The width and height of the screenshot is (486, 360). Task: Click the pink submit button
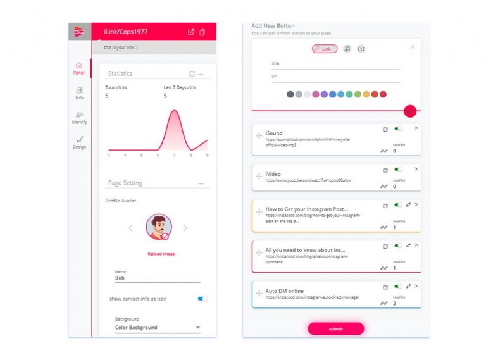(335, 328)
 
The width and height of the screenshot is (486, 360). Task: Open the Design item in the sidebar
(79, 142)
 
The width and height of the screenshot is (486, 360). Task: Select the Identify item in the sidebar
(79, 118)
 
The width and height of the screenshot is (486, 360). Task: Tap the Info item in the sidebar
(79, 93)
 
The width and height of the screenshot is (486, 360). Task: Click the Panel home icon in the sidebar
(79, 65)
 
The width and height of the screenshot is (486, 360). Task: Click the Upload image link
(161, 254)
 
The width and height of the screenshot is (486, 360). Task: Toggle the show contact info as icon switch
(202, 299)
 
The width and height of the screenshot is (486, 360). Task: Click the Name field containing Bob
(157, 278)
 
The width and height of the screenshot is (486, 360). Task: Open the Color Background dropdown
(157, 328)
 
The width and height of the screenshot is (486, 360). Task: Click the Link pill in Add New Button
(324, 49)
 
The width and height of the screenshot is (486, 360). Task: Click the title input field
(335, 64)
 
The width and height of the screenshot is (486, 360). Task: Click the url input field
(335, 77)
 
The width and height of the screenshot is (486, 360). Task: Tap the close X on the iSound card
(416, 128)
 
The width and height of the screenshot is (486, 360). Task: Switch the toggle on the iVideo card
(398, 169)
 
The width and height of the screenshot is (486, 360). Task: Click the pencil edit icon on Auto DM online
(408, 286)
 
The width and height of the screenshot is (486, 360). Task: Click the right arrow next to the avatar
(185, 228)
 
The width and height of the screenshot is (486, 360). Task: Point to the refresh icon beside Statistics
(192, 74)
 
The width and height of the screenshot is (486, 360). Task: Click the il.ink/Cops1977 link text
(126, 31)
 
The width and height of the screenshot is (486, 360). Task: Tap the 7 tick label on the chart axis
(174, 155)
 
